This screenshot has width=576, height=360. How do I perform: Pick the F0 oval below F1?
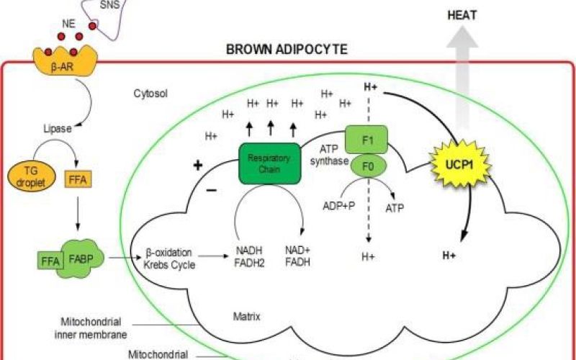coord(366,168)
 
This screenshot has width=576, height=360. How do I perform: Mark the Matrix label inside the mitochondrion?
coord(246,315)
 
